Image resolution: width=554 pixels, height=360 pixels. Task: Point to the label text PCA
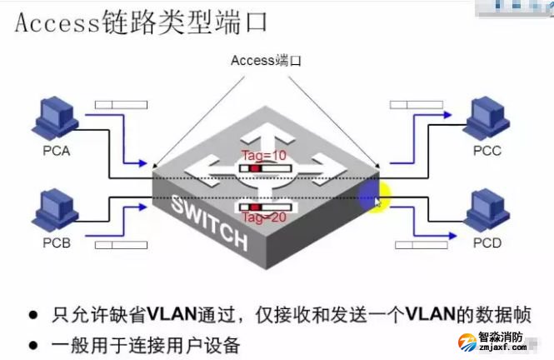click(57, 152)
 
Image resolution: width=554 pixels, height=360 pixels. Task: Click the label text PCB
click(57, 245)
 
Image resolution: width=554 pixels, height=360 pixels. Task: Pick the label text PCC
click(488, 152)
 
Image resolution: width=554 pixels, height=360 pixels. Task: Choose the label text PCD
click(488, 243)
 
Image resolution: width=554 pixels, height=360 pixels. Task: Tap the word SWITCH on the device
click(210, 222)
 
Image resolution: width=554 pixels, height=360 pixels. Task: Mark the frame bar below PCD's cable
click(421, 245)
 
